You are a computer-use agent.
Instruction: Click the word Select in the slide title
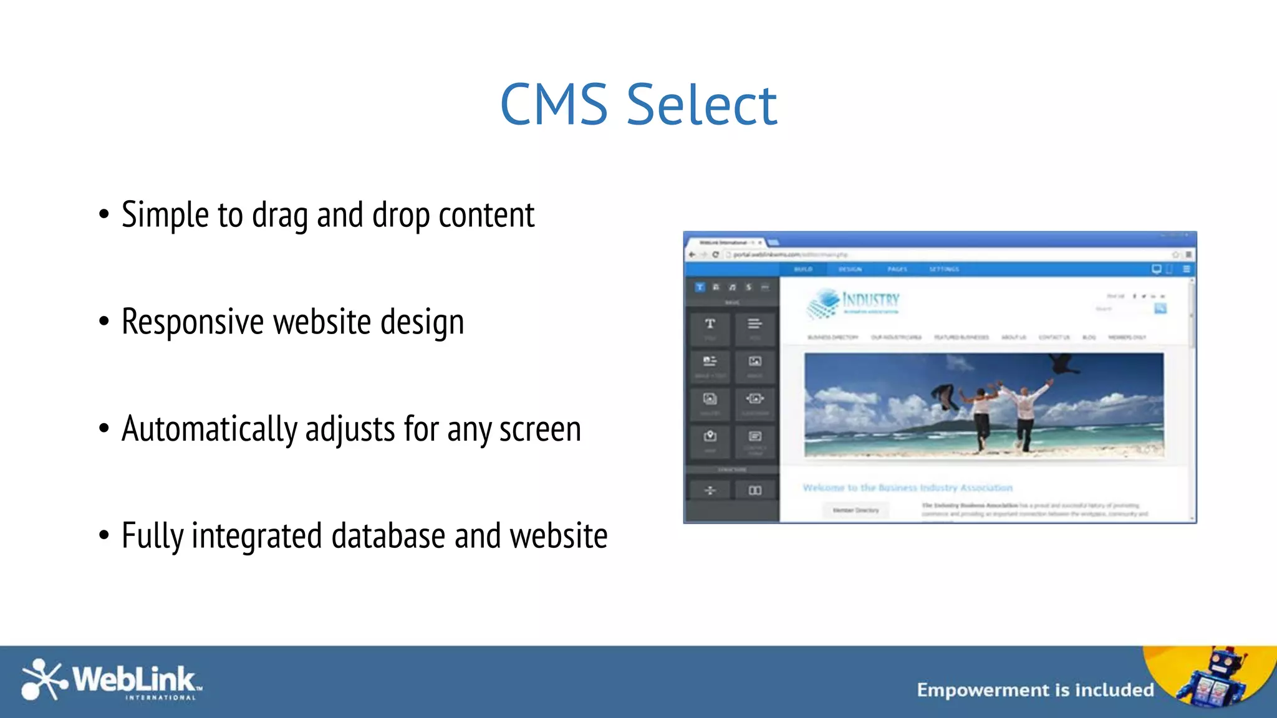click(701, 105)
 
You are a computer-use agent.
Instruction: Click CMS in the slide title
click(554, 105)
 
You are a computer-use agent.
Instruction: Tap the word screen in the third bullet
click(540, 429)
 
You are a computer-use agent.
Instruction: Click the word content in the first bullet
click(486, 215)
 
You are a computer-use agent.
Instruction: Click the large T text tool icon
click(710, 324)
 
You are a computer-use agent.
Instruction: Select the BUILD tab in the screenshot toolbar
click(803, 269)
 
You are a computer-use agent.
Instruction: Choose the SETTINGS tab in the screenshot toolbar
click(944, 269)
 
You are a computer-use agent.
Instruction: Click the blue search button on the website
click(1160, 309)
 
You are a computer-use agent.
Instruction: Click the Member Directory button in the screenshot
click(855, 510)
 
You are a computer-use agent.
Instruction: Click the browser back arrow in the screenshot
click(692, 254)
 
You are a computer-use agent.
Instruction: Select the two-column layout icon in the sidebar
click(755, 491)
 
